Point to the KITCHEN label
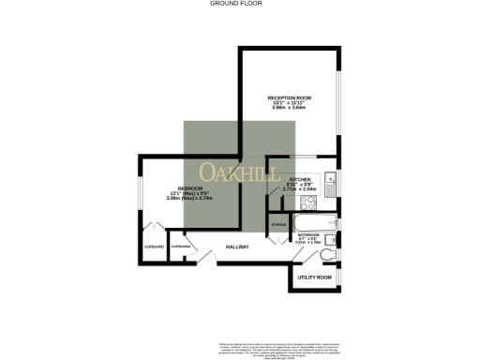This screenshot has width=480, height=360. (300, 179)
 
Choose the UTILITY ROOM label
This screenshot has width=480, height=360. (314, 277)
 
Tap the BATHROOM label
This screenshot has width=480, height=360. (309, 234)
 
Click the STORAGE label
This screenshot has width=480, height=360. (278, 225)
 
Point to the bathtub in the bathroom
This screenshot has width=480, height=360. (307, 223)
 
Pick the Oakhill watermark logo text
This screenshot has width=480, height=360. (240, 173)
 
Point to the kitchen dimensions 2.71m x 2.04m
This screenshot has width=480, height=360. (300, 189)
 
